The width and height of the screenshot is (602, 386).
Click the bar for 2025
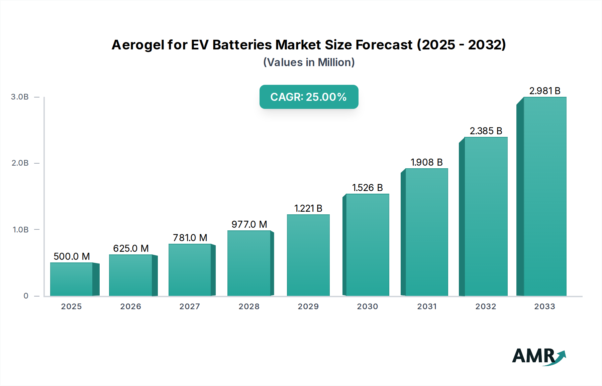71,279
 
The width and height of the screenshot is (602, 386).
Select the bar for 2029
308,255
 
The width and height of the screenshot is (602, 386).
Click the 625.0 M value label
131,248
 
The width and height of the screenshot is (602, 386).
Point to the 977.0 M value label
249,224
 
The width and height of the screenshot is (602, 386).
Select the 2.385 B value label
486,131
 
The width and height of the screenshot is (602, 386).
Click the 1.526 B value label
367,188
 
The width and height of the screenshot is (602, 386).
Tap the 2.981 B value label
544,91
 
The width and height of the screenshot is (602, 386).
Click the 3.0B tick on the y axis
20,97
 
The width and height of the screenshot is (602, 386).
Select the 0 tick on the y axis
26,296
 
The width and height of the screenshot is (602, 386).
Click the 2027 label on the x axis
190,307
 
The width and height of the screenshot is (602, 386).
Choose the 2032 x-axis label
486,307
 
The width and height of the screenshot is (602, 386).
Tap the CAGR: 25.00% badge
309,97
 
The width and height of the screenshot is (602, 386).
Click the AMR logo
538,356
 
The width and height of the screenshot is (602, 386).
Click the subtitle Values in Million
309,62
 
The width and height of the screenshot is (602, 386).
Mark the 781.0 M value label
190,238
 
